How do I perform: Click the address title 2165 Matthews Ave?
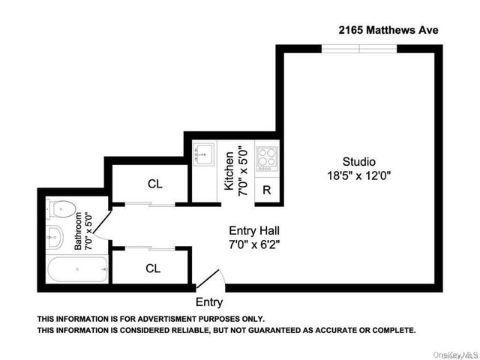click(387, 30)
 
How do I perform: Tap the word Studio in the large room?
click(358, 161)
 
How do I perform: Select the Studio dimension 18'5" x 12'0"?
click(358, 176)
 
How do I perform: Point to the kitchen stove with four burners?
click(267, 158)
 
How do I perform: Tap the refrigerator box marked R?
click(267, 190)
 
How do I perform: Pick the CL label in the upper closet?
click(155, 184)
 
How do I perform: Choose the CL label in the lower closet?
click(152, 268)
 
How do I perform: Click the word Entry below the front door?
click(209, 303)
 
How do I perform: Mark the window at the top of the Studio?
click(359, 49)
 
